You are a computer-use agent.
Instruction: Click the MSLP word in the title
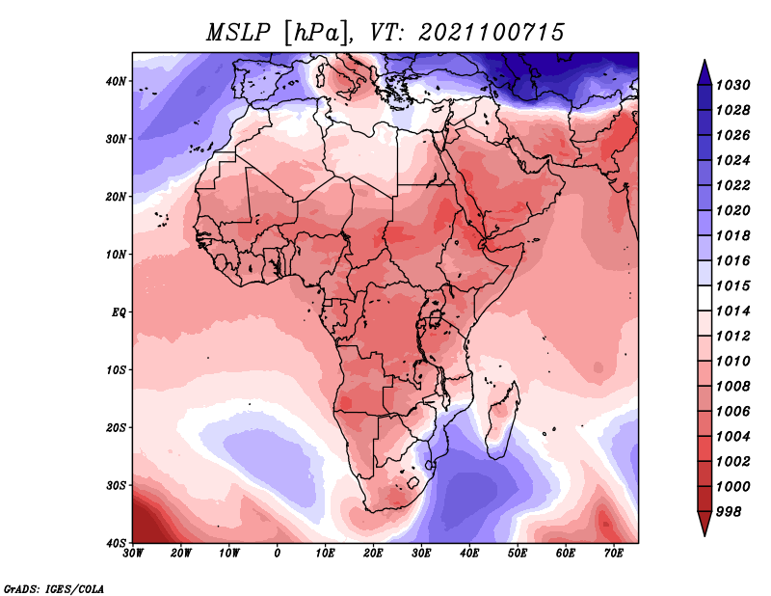[x=238, y=33]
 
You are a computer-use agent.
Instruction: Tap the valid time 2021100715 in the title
[x=492, y=33]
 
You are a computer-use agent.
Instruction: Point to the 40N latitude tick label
[x=116, y=81]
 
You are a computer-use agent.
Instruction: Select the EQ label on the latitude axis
[x=119, y=312]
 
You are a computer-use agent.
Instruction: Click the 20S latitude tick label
[x=116, y=427]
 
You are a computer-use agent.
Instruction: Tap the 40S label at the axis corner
[x=116, y=543]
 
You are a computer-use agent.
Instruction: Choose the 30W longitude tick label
[x=133, y=554]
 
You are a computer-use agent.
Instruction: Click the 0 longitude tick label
[x=278, y=554]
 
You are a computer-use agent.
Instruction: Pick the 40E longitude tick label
[x=469, y=554]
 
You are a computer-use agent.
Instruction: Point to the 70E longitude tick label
[x=614, y=554]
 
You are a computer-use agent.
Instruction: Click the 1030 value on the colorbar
[x=732, y=85]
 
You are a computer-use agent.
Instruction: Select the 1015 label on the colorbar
[x=732, y=285]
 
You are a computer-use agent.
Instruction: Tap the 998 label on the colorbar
[x=729, y=512]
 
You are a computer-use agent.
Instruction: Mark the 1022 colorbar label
[x=732, y=185]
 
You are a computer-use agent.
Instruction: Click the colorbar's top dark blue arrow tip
[x=705, y=61]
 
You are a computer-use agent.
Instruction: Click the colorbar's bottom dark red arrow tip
[x=705, y=535]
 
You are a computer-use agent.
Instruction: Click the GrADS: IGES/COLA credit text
[x=54, y=589]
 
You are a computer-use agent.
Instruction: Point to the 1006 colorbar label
[x=732, y=412]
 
